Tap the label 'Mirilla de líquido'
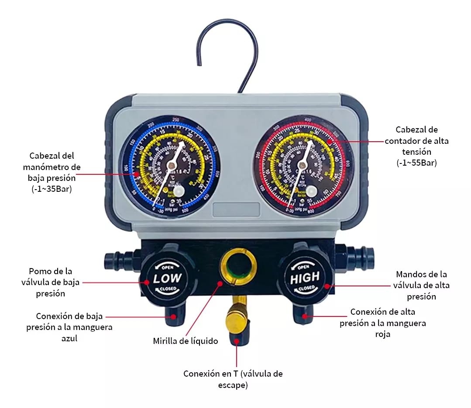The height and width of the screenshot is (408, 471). tap(186, 341)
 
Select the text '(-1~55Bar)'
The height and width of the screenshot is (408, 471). tap(416, 163)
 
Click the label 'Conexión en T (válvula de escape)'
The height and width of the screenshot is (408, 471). tap(233, 379)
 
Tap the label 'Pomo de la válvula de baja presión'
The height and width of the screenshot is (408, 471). tap(51, 282)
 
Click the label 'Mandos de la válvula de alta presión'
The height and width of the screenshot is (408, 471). tap(421, 286)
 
